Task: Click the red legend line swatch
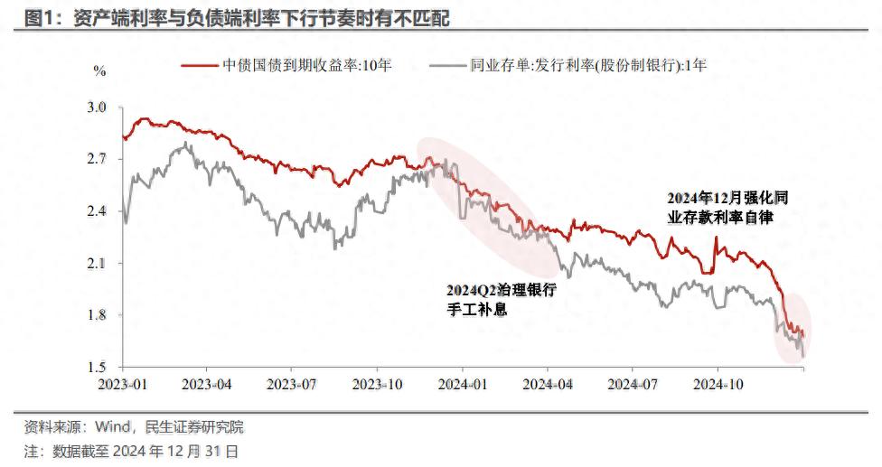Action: [x=200, y=65]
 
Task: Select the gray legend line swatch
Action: [x=447, y=65]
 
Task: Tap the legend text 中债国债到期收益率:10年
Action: [x=307, y=65]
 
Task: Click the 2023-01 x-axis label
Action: [x=123, y=384]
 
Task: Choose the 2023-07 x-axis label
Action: [x=292, y=384]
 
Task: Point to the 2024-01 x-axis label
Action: [x=462, y=384]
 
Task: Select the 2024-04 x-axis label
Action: [x=548, y=384]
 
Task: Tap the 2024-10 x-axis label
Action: [x=718, y=384]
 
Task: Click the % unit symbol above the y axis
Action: [x=99, y=70]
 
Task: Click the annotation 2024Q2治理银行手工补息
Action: [x=501, y=299]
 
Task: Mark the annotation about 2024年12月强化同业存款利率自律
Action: [x=720, y=207]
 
